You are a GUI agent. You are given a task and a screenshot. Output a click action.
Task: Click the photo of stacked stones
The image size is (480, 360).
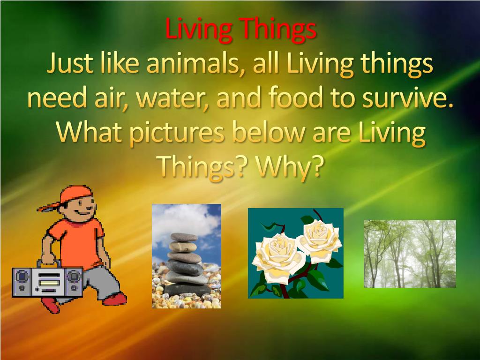(187, 256)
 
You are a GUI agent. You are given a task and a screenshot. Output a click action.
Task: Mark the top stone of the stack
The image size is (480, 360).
(184, 236)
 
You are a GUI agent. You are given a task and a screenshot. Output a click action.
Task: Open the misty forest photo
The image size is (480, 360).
(410, 254)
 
